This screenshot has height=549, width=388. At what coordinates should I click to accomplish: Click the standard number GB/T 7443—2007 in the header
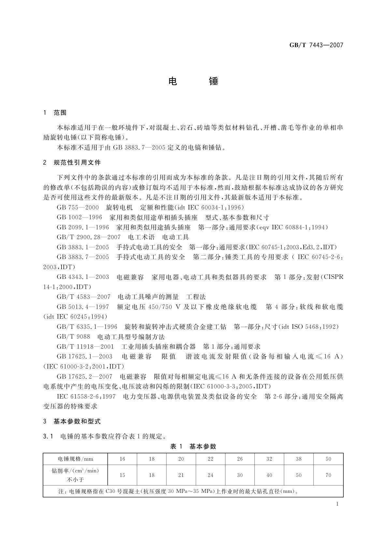(x=316, y=45)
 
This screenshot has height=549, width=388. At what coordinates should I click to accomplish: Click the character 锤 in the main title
(x=213, y=81)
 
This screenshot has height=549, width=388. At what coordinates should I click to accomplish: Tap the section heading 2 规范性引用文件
(x=72, y=162)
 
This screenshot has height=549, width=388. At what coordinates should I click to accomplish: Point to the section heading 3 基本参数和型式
(x=72, y=421)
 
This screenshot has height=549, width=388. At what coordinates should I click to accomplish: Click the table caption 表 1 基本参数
(x=193, y=446)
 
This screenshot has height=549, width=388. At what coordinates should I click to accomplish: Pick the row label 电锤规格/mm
(x=75, y=459)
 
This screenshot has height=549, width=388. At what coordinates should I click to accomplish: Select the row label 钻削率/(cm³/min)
(x=75, y=471)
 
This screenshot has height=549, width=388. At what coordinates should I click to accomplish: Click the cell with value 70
(x=328, y=475)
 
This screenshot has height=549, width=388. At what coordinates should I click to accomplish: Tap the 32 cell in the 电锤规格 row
(x=269, y=459)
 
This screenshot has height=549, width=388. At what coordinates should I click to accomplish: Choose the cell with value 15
(x=122, y=475)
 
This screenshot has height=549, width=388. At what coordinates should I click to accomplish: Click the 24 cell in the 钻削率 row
(x=210, y=475)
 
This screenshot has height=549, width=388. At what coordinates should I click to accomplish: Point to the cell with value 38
(x=299, y=459)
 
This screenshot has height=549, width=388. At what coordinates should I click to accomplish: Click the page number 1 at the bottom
(x=337, y=504)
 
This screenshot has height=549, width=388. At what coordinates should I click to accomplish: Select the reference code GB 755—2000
(x=78, y=207)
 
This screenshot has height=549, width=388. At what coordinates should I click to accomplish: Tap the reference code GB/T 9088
(x=73, y=336)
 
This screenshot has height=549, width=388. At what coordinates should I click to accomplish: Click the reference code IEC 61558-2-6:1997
(x=86, y=396)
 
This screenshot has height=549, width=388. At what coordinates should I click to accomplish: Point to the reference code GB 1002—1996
(x=79, y=217)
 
